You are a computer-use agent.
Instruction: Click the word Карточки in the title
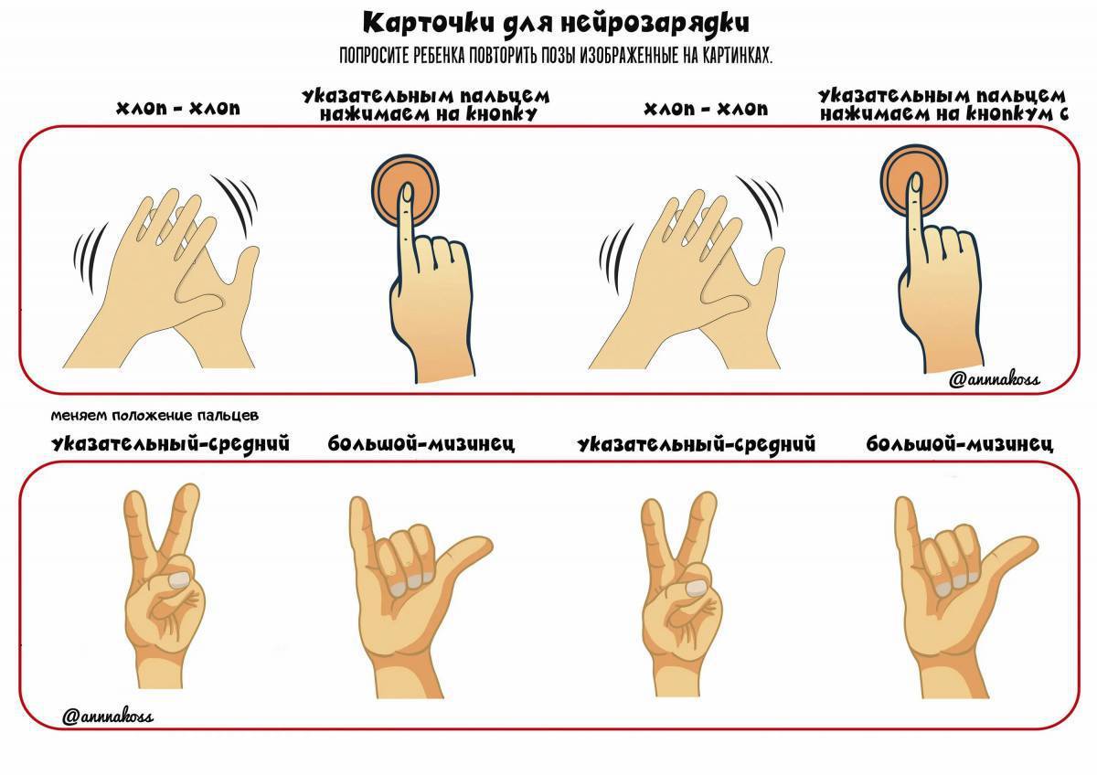pos(429,23)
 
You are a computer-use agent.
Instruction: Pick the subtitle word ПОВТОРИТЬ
pos(503,57)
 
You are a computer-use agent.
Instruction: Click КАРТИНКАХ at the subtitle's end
pos(737,57)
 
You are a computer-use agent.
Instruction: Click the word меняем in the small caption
pos(80,416)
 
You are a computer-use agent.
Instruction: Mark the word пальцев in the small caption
pos(228,417)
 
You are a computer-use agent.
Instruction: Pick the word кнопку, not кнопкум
pos(502,114)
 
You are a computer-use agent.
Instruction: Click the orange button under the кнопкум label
pos(914,179)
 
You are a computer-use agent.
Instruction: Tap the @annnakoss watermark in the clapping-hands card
pos(994,379)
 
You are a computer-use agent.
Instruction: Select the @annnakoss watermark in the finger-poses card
pos(108,717)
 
